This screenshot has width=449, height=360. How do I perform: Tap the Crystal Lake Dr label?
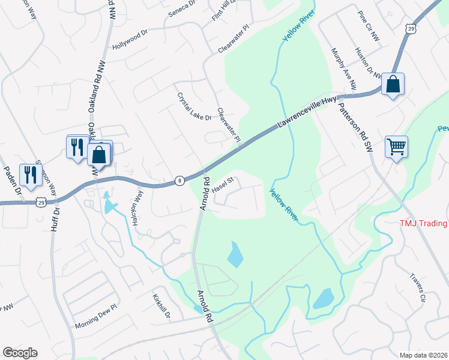point(194,106)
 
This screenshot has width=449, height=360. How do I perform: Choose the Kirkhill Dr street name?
point(161,306)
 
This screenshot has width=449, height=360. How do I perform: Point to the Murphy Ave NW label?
point(344,68)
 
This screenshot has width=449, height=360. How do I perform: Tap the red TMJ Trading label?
point(424,223)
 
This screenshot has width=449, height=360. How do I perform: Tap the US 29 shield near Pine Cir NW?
point(410,29)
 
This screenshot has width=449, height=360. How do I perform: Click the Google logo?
point(20,353)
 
